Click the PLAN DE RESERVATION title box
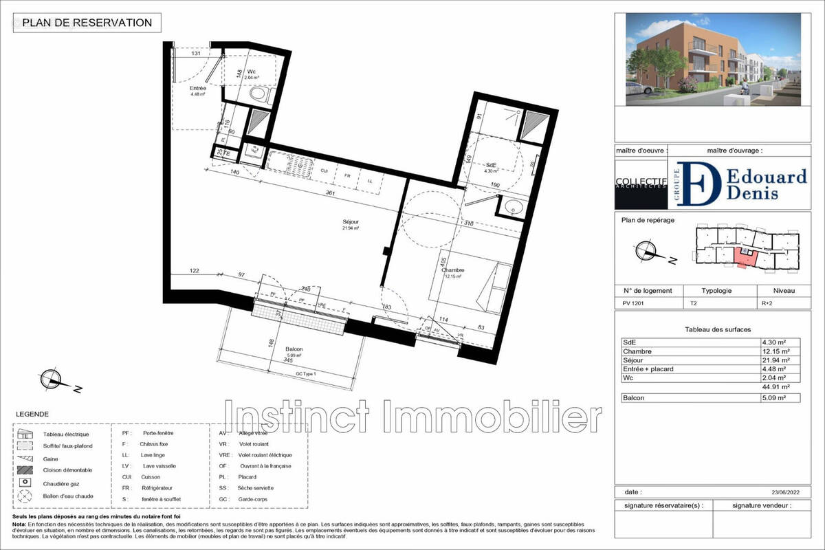[x=87, y=23]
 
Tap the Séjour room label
[x=351, y=221]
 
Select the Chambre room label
[x=454, y=270]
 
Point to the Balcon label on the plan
[x=295, y=349]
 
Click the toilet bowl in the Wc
[x=258, y=94]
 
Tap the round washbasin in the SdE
[x=511, y=206]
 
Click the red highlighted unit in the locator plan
[x=742, y=257]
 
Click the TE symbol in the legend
[x=25, y=434]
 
